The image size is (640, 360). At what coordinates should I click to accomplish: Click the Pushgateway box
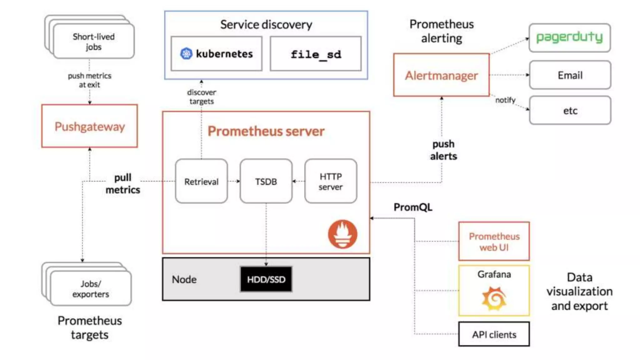90,126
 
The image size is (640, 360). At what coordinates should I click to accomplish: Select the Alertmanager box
442,75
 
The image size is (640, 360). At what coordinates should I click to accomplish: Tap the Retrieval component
202,181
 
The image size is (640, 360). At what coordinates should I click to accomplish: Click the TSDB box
266,181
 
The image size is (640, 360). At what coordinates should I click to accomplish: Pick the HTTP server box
331,181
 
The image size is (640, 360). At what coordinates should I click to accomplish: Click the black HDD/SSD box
266,279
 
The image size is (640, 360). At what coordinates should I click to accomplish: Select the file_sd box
316,54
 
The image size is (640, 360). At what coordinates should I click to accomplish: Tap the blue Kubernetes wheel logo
186,54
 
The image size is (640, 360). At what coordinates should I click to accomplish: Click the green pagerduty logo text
570,37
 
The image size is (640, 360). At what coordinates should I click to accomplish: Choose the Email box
570,75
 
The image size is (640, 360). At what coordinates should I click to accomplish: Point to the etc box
570,110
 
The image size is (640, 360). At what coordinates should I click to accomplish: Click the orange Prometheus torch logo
343,234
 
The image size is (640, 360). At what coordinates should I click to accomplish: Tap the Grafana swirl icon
494,299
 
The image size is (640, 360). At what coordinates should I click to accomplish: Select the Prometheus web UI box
494,241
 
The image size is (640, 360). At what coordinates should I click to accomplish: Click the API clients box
494,334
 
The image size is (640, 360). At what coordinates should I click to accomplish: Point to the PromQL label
413,207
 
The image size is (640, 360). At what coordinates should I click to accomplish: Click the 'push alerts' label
443,150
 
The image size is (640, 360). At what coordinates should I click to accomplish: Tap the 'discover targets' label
202,97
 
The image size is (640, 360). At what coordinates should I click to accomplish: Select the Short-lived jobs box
94,41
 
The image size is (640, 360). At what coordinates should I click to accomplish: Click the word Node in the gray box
184,279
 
